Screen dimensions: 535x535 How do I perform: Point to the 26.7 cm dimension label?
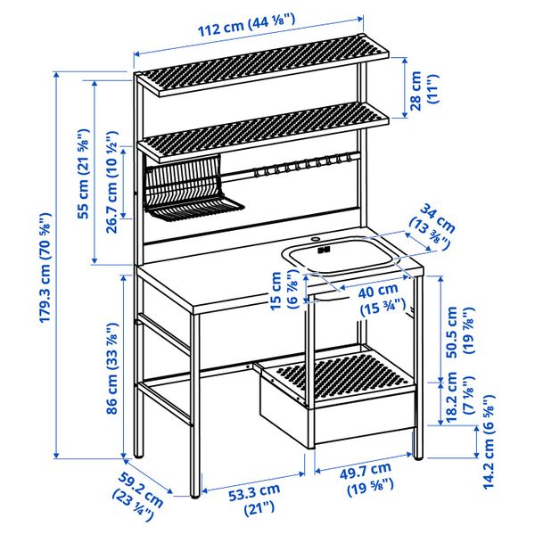point(113,178)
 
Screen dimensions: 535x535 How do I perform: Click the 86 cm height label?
point(109,366)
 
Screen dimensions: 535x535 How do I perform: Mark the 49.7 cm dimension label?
point(366,477)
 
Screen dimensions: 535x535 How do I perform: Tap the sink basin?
point(341,259)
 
